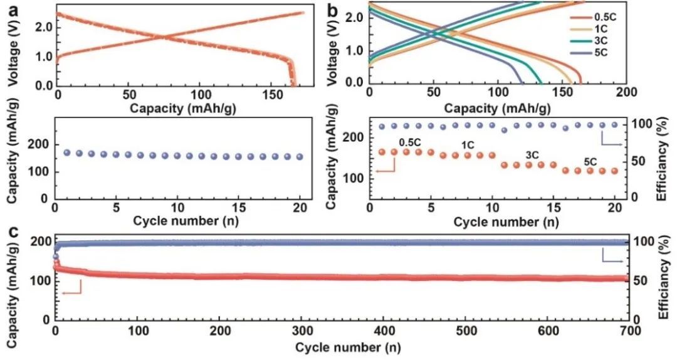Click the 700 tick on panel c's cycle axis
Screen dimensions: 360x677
[x=628, y=331]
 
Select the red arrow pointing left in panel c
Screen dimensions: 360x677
[x=72, y=291]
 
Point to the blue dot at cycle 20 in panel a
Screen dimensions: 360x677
[x=299, y=157]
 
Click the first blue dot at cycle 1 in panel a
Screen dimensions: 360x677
[x=67, y=152]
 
